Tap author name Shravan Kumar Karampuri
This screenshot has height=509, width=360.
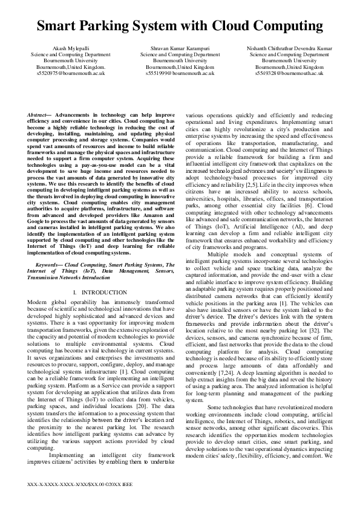[x=180, y=47]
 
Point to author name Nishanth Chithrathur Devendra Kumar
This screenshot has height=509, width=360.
[x=289, y=47]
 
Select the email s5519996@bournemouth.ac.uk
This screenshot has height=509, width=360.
[x=180, y=73]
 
